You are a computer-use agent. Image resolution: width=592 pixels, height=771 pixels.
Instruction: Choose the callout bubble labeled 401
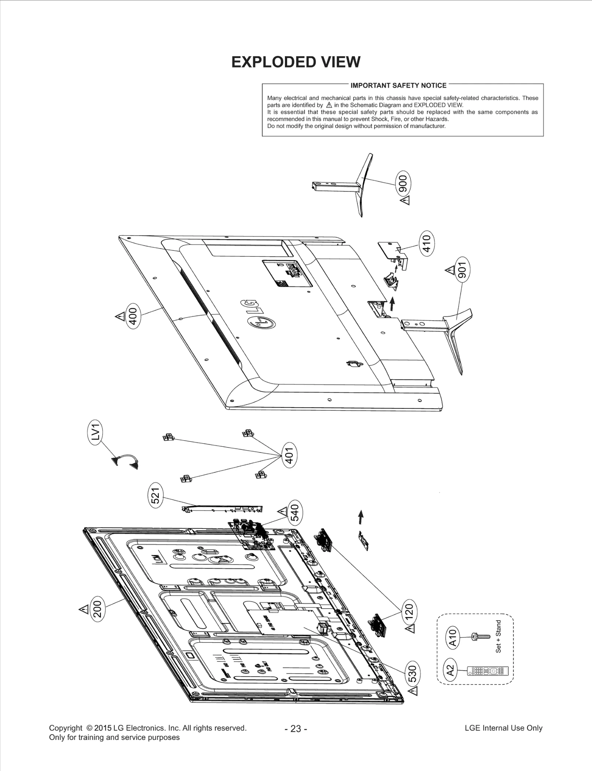click(289, 455)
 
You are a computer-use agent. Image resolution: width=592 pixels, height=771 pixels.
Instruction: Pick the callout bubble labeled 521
click(155, 495)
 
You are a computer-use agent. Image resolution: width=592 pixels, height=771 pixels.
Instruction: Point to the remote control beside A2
click(488, 670)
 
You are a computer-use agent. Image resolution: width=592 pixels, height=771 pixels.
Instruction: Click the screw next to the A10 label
click(480, 636)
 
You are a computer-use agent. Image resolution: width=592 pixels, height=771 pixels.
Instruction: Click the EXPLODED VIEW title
click(296, 62)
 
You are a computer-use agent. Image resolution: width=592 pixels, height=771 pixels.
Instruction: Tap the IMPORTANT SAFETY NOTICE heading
click(398, 85)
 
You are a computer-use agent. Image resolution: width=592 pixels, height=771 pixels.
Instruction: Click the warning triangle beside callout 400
click(120, 317)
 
